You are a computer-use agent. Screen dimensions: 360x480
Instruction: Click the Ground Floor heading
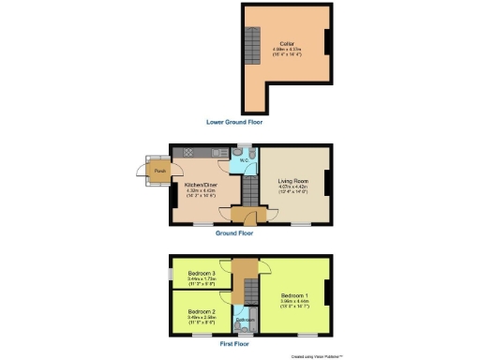tap(235, 233)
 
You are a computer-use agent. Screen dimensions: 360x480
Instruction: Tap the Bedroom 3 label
tap(202, 273)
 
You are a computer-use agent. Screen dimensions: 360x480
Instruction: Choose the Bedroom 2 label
tap(202, 310)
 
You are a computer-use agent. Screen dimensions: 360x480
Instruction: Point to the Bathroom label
tap(245, 320)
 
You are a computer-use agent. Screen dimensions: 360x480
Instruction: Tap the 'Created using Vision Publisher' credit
tap(317, 356)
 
